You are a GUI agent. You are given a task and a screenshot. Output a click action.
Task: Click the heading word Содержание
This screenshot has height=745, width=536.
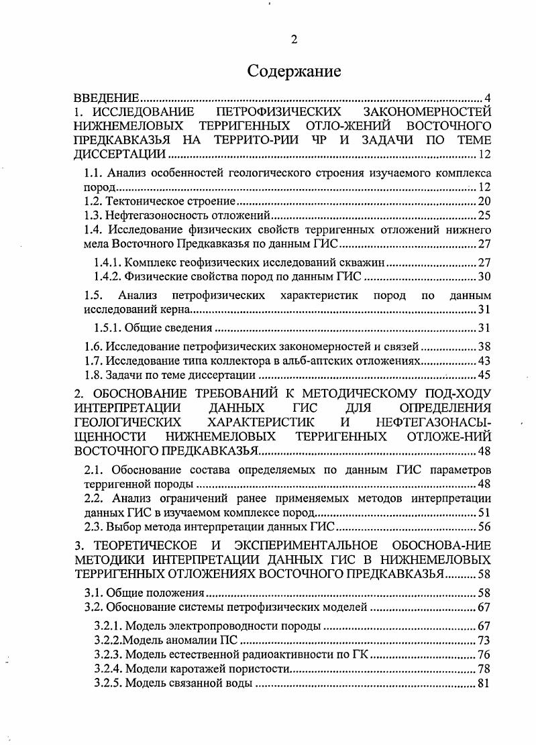point(294,70)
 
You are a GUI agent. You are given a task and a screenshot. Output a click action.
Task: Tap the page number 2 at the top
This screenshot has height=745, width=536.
point(294,39)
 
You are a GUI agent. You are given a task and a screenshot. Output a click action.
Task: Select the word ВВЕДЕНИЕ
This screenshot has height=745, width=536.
point(106,99)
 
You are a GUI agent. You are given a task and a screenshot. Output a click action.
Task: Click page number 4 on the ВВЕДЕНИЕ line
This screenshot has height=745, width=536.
point(488,99)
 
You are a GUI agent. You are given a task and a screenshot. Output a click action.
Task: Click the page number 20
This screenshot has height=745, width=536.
point(484,201)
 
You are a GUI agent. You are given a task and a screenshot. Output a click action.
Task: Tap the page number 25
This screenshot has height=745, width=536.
point(484,215)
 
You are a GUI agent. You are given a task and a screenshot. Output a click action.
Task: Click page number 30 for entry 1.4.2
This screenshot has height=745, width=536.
point(484,277)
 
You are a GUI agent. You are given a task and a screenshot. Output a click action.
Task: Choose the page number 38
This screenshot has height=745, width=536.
point(484,347)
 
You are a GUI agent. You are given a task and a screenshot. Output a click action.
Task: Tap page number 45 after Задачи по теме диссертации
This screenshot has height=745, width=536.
point(484,375)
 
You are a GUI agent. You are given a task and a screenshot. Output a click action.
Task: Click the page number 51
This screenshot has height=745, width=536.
point(484,513)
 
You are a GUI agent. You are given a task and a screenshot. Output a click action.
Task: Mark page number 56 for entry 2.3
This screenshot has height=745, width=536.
point(484,527)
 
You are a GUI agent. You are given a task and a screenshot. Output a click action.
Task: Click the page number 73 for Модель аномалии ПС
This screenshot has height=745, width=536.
point(484,640)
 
